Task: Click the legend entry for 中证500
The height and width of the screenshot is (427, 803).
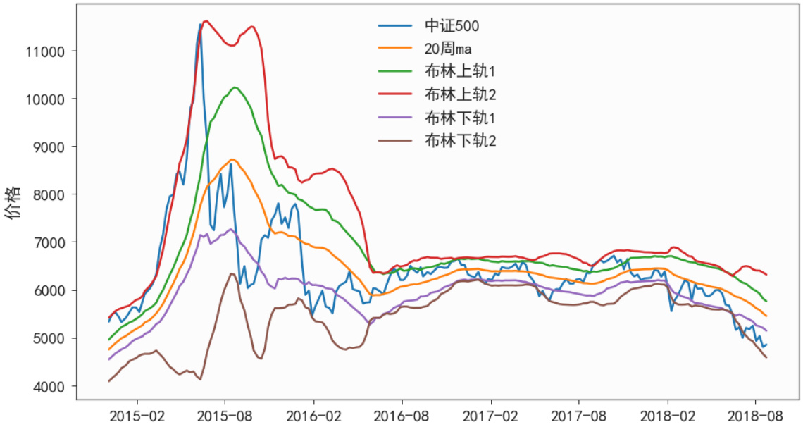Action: (452, 27)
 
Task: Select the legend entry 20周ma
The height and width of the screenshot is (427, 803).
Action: (448, 49)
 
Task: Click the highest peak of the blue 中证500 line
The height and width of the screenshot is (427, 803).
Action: (200, 24)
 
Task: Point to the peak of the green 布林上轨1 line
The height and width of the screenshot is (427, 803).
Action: (235, 87)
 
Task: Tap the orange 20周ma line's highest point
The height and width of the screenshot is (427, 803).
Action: (233, 160)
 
